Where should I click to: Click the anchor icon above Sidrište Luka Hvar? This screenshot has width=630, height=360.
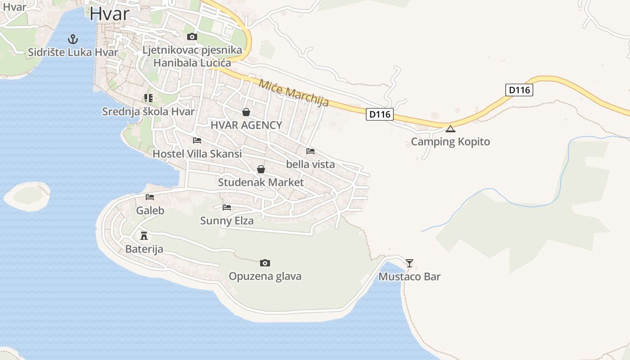tap(72, 39)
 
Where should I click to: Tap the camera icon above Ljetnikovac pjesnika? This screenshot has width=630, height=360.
tap(192, 37)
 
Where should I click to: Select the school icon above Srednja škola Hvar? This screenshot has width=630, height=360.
tap(148, 98)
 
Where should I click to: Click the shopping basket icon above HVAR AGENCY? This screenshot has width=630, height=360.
tap(246, 112)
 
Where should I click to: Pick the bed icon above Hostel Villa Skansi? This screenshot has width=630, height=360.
tap(197, 140)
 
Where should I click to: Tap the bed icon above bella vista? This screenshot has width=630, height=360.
tap(310, 151)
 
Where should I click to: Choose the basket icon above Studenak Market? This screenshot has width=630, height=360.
tap(261, 169)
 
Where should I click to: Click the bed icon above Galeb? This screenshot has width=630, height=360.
tap(150, 197)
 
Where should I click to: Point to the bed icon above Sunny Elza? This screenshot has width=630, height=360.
tap(227, 207)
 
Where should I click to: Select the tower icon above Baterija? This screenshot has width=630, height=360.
tap(144, 235)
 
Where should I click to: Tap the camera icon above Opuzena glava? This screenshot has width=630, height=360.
tap(265, 263)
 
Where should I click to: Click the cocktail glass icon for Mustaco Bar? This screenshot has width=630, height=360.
tap(409, 263)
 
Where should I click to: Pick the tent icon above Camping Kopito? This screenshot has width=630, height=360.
tap(450, 129)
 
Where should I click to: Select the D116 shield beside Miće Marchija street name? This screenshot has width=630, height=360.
tap(379, 114)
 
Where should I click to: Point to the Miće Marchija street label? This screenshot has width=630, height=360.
tap(293, 93)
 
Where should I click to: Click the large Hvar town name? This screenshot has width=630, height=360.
tap(109, 14)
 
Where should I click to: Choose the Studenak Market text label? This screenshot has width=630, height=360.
tap(261, 182)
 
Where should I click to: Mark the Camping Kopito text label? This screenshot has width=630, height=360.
tap(450, 142)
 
